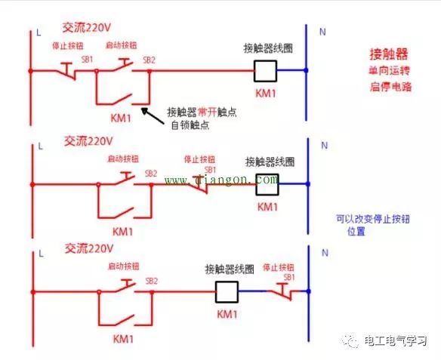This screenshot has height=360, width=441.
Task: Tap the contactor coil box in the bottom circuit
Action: [x=227, y=291]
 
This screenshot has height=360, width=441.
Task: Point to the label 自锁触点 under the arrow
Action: [x=189, y=125]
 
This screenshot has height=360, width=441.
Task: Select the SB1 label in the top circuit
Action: [x=88, y=59]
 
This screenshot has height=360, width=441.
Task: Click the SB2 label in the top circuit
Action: [x=149, y=59]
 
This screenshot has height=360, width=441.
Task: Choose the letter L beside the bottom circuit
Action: [x=38, y=252]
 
